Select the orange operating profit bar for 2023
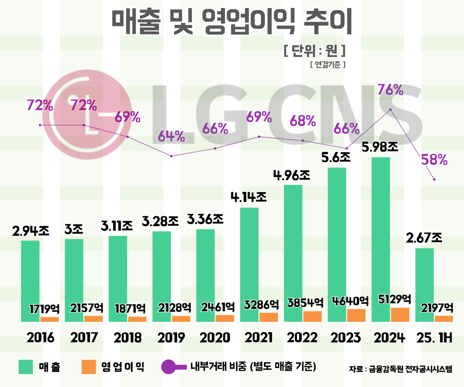pyautogui.click(x=356, y=316)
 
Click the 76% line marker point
pyautogui.click(x=390, y=110)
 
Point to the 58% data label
pyautogui.click(x=434, y=160)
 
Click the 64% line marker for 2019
pyautogui.click(x=171, y=156)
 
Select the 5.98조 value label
pyautogui.click(x=380, y=147)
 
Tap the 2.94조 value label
pyautogui.click(x=30, y=231)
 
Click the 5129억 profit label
pyautogui.click(x=394, y=299)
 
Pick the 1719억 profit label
pyautogui.click(x=44, y=309)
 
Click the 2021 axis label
pyautogui.click(x=258, y=338)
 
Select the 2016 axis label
pyautogui.click(x=40, y=338)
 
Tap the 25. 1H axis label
pyautogui.click(x=434, y=338)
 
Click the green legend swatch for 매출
pyautogui.click(x=26, y=367)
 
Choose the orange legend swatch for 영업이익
pyautogui.click(x=89, y=367)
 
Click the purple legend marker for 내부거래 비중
pyautogui.click(x=169, y=367)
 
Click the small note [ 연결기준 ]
pyautogui.click(x=328, y=65)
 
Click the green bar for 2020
pyautogui.click(x=205, y=276)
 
